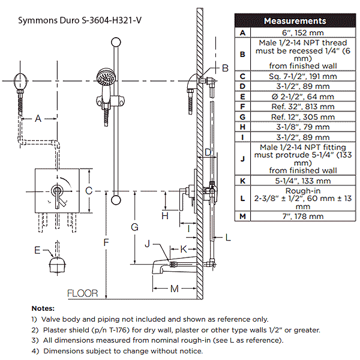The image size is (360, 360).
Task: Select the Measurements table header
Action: [295, 21]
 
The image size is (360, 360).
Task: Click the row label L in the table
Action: [242, 198]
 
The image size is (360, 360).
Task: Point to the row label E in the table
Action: [242, 96]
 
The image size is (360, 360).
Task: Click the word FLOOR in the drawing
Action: [83, 293]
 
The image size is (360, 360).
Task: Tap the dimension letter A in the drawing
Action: [38, 119]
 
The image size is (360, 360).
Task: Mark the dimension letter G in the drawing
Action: [135, 227]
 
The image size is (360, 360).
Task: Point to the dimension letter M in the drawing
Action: [174, 289]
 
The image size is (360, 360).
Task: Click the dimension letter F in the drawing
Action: [106, 242]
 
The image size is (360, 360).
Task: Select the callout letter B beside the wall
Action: [225, 68]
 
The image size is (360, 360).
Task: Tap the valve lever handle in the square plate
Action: [58, 196]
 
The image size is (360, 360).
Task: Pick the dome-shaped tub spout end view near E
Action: [58, 264]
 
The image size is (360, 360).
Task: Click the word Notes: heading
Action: [43, 308]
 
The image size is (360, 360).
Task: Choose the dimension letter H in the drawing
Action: [164, 215]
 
